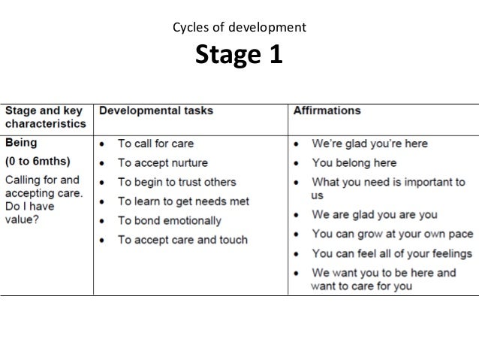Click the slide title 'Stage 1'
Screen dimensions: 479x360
(239, 55)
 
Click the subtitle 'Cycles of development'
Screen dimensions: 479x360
(239, 29)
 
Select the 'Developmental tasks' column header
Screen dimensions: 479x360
(156, 110)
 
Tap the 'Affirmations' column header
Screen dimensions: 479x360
(326, 110)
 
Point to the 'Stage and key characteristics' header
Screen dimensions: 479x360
(46, 116)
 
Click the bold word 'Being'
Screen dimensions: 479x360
(22, 141)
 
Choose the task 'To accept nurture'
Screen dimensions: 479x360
(163, 162)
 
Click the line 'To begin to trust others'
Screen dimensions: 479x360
(176, 182)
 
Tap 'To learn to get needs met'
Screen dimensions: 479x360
(183, 201)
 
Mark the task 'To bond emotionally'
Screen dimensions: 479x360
(170, 221)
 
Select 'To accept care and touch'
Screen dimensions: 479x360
(182, 240)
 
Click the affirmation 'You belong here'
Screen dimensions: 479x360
(355, 162)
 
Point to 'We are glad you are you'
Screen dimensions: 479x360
(375, 213)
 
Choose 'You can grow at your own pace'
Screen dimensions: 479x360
(392, 233)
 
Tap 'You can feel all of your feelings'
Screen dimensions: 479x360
(392, 253)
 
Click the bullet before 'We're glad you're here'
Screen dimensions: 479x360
(298, 143)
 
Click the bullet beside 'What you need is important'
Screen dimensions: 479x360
(298, 182)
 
